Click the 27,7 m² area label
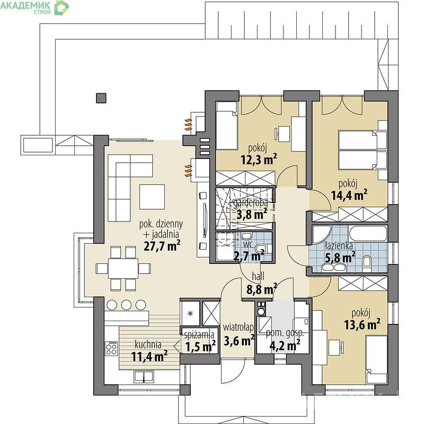coord(162,245)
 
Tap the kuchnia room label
coord(148,344)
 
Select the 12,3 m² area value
coord(259,160)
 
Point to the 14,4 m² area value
coord(349,195)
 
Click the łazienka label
coord(339,246)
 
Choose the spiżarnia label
coord(199,335)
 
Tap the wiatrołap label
coord(238,328)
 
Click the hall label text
coord(258,276)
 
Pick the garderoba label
coord(251,202)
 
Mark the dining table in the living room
coord(123,268)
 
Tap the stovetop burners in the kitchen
coord(111,348)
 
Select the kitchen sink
coord(144,377)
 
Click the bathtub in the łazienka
coord(368,234)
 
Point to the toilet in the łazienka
coord(367,262)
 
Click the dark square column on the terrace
coord(101,98)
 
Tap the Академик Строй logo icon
coord(61,7)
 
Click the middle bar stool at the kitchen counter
coord(126,305)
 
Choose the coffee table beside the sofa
coord(152,197)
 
